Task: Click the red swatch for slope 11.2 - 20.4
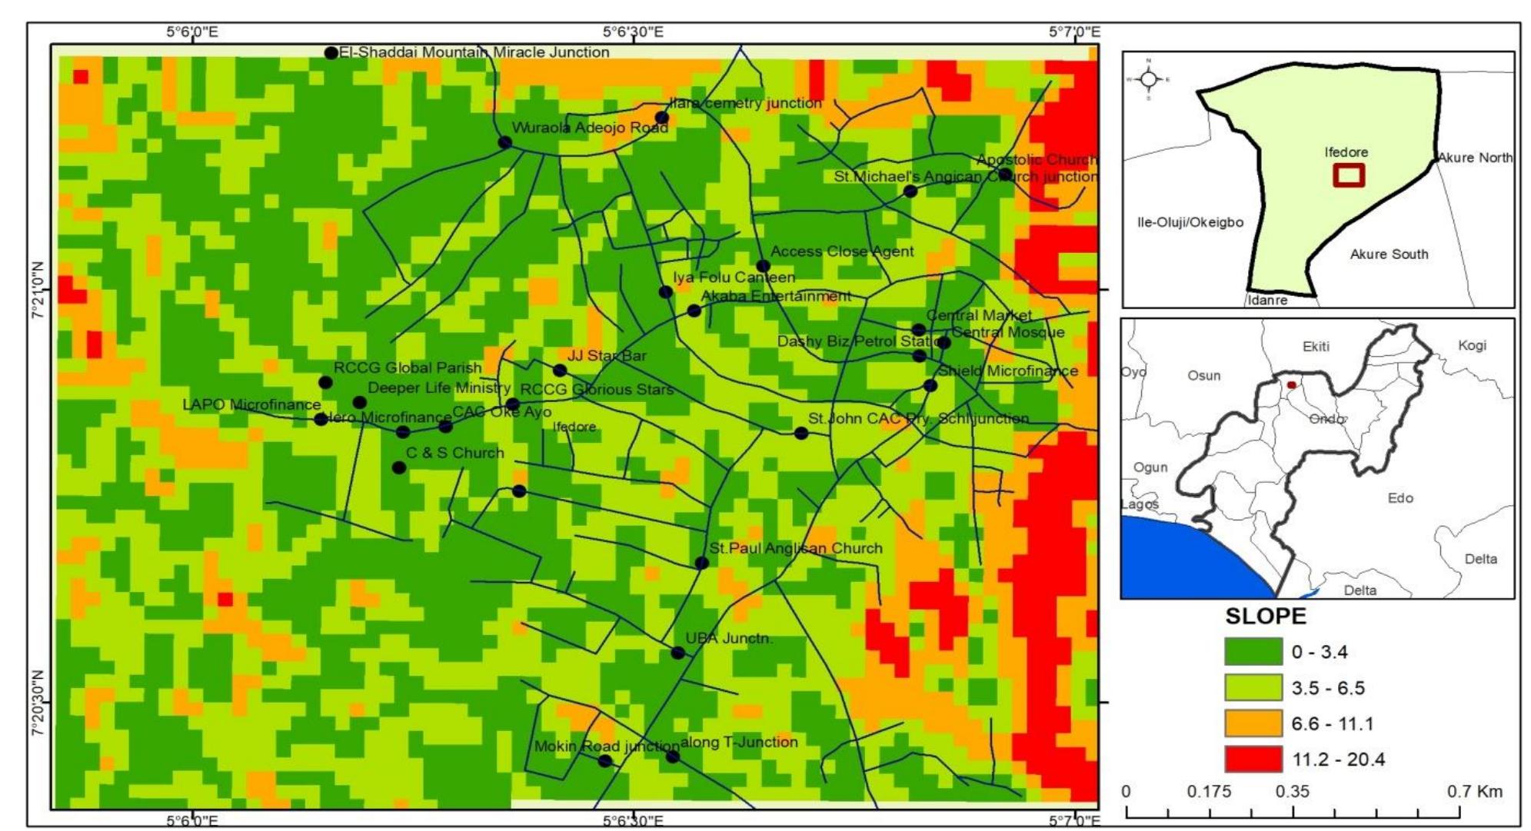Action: pyautogui.click(x=1253, y=759)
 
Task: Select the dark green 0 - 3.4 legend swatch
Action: pyautogui.click(x=1253, y=652)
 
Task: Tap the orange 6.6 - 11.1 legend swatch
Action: pyautogui.click(x=1253, y=723)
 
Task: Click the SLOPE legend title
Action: pyautogui.click(x=1265, y=617)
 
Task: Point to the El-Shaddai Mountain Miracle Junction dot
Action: pyautogui.click(x=331, y=53)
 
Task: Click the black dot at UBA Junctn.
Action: pyautogui.click(x=677, y=653)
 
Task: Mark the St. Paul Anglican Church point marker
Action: pyautogui.click(x=701, y=563)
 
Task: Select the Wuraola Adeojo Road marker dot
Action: pyautogui.click(x=504, y=142)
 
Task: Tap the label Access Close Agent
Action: pyautogui.click(x=841, y=251)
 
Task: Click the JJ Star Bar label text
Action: pyautogui.click(x=606, y=356)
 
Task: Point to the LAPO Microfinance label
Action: pyautogui.click(x=251, y=404)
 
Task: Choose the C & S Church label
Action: pyautogui.click(x=454, y=453)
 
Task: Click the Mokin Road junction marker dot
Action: pyautogui.click(x=604, y=761)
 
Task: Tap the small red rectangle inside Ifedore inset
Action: pyautogui.click(x=1349, y=175)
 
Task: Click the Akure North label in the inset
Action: pyautogui.click(x=1474, y=158)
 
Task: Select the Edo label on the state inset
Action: pyautogui.click(x=1400, y=498)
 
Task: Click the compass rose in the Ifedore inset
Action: pyautogui.click(x=1149, y=78)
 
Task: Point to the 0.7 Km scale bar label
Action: pyautogui.click(x=1475, y=792)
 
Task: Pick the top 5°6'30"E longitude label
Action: pyautogui.click(x=633, y=32)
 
